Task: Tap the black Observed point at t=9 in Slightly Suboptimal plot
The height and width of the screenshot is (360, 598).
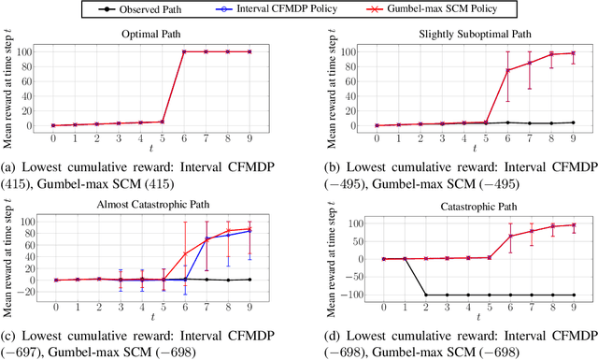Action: [572, 122]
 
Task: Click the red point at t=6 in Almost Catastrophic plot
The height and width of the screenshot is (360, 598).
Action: [185, 253]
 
